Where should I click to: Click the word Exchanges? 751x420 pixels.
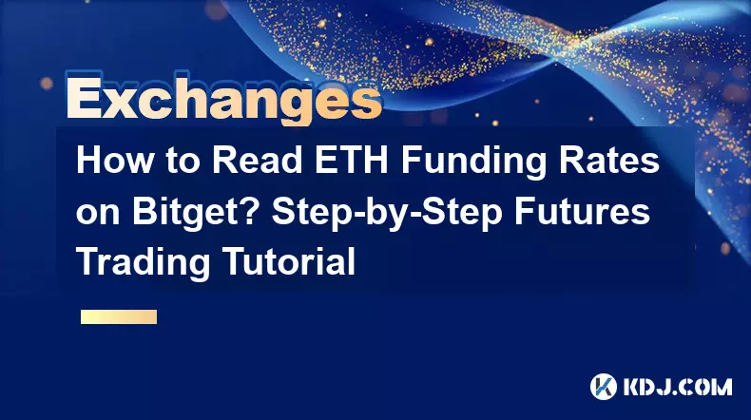coord(223,99)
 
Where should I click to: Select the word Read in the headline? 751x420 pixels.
coord(257,161)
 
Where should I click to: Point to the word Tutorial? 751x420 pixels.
coord(289,261)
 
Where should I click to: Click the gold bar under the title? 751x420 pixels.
coord(119,316)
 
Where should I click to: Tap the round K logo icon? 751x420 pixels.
coord(603,387)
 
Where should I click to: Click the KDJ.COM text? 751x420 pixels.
coord(677,387)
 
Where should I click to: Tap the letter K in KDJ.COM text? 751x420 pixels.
coord(633,387)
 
